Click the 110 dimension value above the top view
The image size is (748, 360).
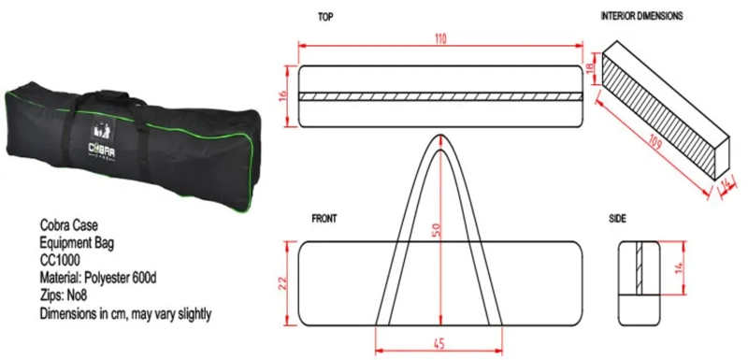click(x=439, y=39)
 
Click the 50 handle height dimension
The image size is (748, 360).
click(x=438, y=230)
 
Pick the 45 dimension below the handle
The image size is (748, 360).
click(x=439, y=343)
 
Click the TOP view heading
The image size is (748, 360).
click(x=325, y=17)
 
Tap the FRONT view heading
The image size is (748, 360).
click(x=324, y=219)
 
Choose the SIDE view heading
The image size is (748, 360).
click(x=618, y=219)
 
